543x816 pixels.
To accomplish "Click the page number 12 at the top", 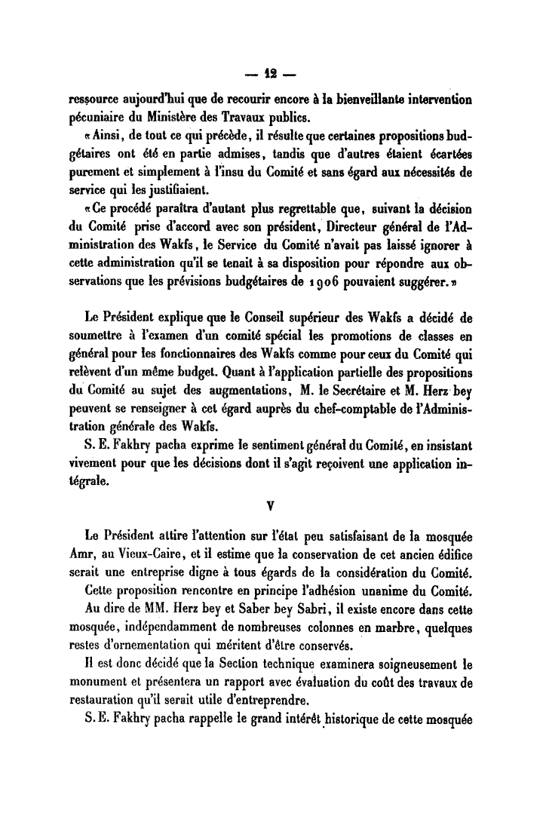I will pos(271,75).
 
